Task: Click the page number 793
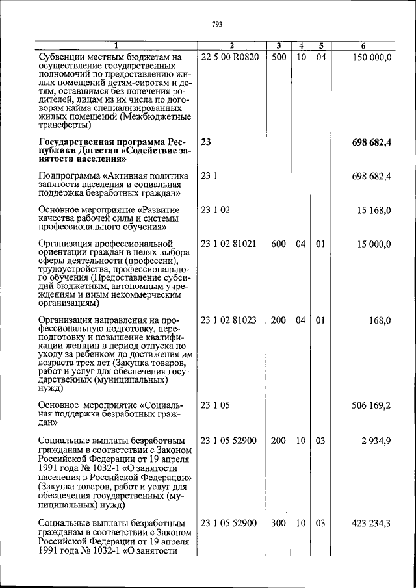[217, 25]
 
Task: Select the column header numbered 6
[363, 45]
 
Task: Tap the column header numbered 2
[231, 45]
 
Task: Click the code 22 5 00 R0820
[230, 57]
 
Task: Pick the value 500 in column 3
[279, 57]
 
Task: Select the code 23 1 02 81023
[229, 320]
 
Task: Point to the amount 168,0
[380, 320]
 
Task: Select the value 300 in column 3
[279, 523]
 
